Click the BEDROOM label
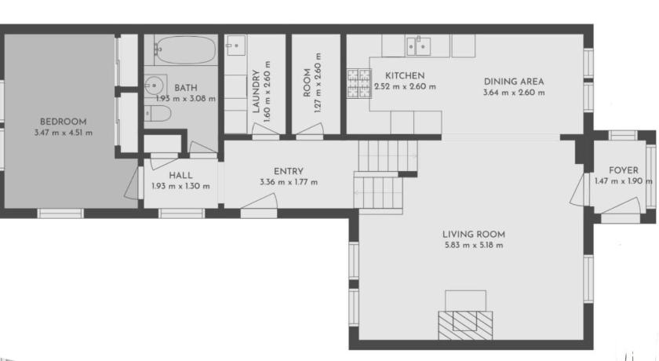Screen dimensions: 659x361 pos(63,122)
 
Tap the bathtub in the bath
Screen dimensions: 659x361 pos(185,49)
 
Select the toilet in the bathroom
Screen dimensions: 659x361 pos(158,113)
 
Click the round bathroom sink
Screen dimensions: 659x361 pos(155,86)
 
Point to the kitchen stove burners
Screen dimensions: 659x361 pos(359,83)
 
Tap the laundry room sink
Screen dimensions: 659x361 pos(236,46)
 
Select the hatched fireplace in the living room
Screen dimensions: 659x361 pos(465,325)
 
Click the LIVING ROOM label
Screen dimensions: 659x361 pos(474,234)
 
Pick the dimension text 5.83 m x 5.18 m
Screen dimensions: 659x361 pos(474,245)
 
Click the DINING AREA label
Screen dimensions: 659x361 pos(514,82)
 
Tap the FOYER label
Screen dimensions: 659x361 pos(623,170)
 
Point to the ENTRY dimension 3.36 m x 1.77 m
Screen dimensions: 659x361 pos(289,182)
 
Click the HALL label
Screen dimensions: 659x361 pos(180,175)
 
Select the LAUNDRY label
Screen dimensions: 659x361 pos(256,91)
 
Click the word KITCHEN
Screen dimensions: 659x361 pos(405,75)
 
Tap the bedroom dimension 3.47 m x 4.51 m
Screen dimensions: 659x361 pos(63,133)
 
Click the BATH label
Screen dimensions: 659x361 pos(186,88)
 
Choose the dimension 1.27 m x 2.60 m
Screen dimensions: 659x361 pos(319,82)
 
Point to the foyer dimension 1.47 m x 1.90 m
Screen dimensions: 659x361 pos(623,181)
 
